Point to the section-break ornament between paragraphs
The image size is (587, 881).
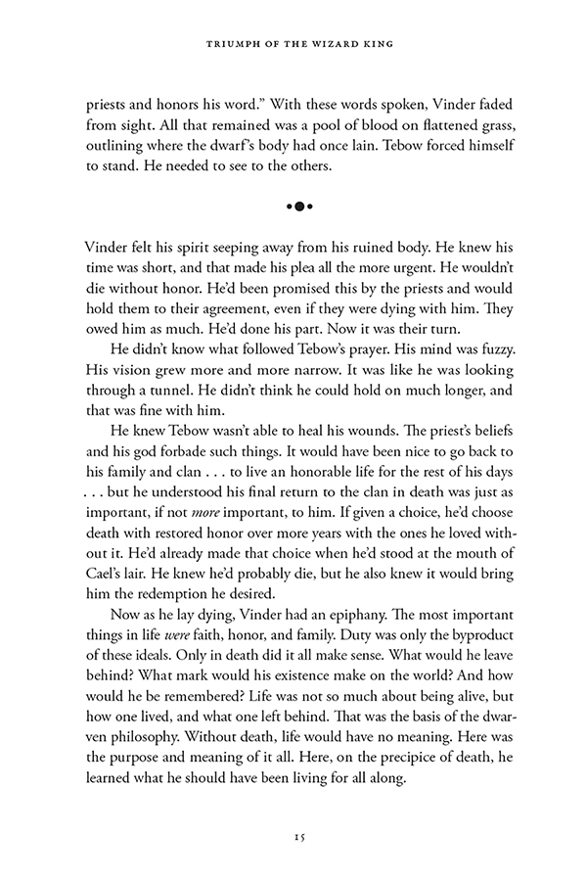293,208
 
